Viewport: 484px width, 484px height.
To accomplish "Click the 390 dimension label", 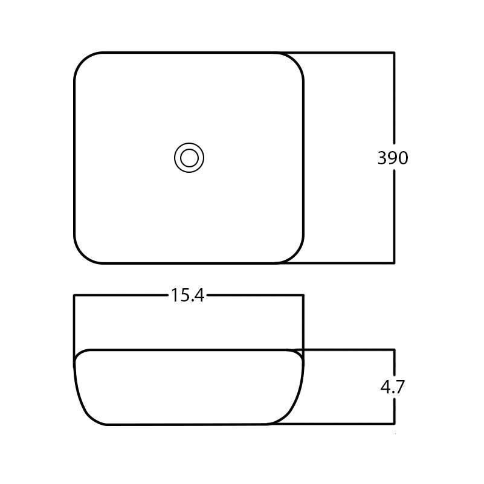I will pyautogui.click(x=393, y=158).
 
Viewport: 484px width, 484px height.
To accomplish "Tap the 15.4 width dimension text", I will pyautogui.click(x=187, y=295).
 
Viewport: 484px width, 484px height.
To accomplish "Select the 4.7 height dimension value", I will pyautogui.click(x=393, y=387).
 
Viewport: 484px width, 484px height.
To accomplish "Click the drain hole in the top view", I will pyautogui.click(x=189, y=158).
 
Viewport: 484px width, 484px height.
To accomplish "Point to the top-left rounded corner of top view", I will pyautogui.click(x=83, y=61).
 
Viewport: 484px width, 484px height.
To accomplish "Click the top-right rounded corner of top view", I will pyautogui.click(x=295, y=61).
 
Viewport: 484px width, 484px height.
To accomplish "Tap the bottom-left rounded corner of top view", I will pyautogui.click(x=83, y=254).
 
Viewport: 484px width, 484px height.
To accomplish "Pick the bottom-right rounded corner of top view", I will pyautogui.click(x=295, y=254).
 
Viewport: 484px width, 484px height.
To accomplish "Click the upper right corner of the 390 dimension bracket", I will pyautogui.click(x=394, y=53).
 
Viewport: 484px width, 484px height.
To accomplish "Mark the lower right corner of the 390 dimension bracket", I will pyautogui.click(x=394, y=263).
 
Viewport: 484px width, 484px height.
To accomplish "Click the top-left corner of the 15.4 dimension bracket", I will pyautogui.click(x=74, y=295).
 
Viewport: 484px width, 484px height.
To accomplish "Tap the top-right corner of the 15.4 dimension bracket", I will pyautogui.click(x=303, y=295).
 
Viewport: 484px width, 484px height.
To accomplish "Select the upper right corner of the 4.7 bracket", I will pyautogui.click(x=394, y=350).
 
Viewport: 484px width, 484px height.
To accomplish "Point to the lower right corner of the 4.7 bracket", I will pyautogui.click(x=394, y=424).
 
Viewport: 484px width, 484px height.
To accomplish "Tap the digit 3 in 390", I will pyautogui.click(x=382, y=158).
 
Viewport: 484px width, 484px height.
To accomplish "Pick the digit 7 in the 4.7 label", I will pyautogui.click(x=399, y=387).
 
